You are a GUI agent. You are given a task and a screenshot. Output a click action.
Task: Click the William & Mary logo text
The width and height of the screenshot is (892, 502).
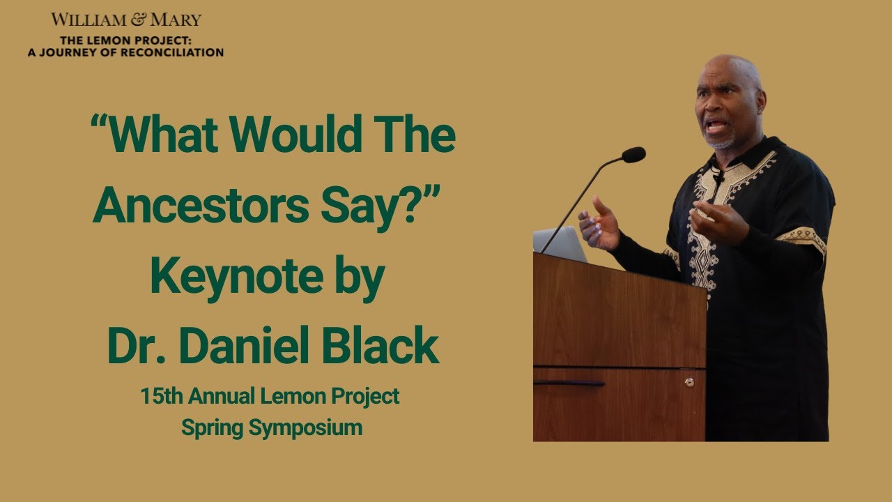tap(125, 20)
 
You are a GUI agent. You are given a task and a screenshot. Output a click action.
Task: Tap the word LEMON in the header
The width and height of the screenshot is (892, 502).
tap(105, 40)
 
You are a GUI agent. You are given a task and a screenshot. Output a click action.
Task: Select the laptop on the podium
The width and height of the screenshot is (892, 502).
tap(559, 243)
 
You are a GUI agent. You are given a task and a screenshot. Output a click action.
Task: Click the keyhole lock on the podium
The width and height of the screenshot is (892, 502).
tap(689, 382)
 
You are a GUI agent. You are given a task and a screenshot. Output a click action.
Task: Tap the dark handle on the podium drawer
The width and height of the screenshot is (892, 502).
tap(569, 383)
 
